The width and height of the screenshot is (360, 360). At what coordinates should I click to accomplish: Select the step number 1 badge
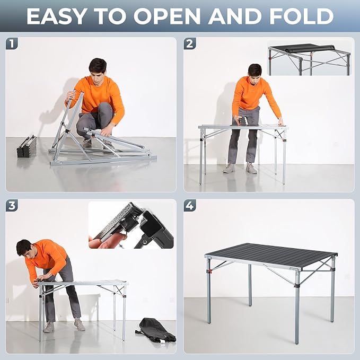click(12, 44)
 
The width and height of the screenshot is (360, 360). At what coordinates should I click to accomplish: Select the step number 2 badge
click(190, 44)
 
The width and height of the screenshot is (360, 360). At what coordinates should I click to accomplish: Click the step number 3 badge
click(12, 206)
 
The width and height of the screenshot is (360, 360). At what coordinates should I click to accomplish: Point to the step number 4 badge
click(190, 206)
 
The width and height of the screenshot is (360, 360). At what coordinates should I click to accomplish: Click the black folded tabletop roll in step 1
click(27, 146)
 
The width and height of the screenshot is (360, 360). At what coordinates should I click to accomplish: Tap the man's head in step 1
click(98, 68)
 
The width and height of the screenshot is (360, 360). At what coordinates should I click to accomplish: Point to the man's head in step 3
click(24, 247)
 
